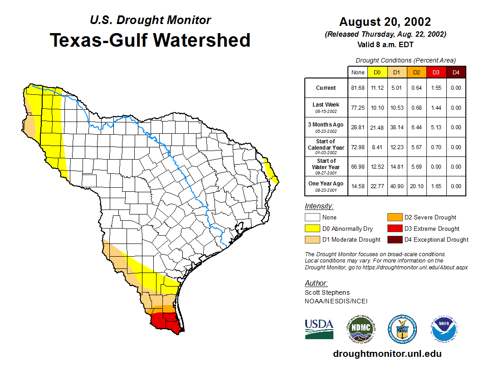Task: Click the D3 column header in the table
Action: tap(436, 72)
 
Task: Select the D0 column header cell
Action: tap(377, 72)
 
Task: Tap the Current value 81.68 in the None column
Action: tap(358, 88)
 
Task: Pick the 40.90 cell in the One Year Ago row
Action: tap(396, 186)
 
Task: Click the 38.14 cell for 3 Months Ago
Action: tap(396, 127)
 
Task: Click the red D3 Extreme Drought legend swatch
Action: tap(394, 229)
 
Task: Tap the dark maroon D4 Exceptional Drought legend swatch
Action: tap(394, 239)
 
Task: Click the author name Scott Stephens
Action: tap(327, 292)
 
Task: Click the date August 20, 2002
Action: tap(385, 22)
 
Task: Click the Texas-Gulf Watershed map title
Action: tap(150, 40)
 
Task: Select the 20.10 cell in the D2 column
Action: tap(416, 186)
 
